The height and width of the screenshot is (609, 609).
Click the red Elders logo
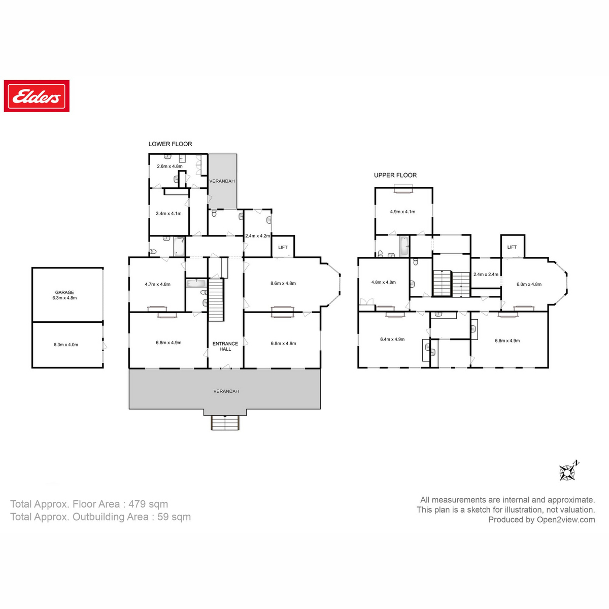click(x=37, y=96)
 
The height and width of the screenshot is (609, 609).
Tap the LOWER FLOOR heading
click(x=170, y=144)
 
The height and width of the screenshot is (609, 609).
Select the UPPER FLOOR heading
click(x=395, y=175)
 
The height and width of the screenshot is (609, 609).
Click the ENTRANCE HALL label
click(x=225, y=346)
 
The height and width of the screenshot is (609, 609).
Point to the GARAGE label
click(x=64, y=292)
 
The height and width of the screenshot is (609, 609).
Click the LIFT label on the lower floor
click(x=283, y=248)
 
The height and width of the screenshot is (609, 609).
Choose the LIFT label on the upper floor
click(x=512, y=247)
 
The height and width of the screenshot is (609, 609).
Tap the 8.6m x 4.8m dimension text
click(x=283, y=284)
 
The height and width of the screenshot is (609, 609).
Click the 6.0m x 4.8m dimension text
click(x=529, y=284)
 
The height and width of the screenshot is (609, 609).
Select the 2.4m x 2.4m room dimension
click(x=486, y=275)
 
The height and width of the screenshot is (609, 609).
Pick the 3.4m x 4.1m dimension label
click(x=168, y=213)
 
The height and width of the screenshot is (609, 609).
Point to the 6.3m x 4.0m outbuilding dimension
click(x=66, y=345)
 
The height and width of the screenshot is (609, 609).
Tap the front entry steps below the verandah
click(x=225, y=423)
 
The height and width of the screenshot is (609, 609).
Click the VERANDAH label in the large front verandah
click(x=226, y=391)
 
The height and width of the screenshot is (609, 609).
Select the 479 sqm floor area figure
click(x=148, y=504)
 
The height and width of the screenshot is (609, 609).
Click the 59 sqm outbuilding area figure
click(x=174, y=517)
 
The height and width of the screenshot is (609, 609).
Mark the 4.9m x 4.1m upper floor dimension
click(x=402, y=212)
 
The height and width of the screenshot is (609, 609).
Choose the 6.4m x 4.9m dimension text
click(x=392, y=340)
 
